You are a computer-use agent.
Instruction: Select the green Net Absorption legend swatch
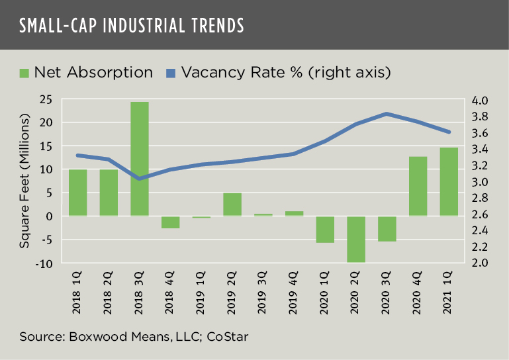[24, 72]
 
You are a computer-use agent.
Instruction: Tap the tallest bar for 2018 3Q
[140, 159]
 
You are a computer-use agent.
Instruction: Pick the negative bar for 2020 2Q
[356, 239]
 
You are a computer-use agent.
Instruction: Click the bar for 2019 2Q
[232, 204]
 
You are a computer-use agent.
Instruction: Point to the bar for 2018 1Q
[78, 193]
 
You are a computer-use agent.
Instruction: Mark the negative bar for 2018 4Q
[171, 222]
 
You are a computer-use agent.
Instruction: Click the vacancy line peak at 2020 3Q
[387, 114]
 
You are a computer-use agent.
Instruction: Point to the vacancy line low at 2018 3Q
[140, 179]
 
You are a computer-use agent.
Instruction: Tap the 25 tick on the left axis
[46, 100]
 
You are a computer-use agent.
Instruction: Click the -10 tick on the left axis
[44, 263]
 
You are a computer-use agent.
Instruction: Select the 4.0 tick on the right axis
[480, 101]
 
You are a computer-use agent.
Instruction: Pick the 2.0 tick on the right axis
[480, 263]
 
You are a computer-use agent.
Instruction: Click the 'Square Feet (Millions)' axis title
[24, 181]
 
